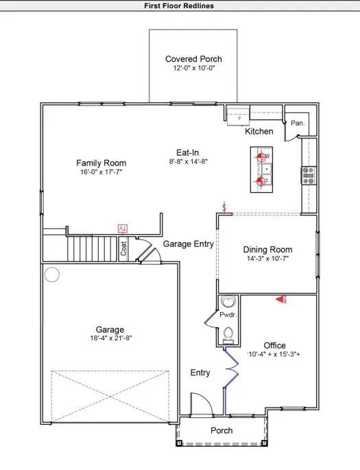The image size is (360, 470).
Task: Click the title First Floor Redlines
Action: [x=179, y=5]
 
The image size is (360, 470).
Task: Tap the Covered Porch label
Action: [x=193, y=60]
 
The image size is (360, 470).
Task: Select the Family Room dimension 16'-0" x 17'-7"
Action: [x=101, y=173]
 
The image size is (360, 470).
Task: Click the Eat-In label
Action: [x=188, y=153]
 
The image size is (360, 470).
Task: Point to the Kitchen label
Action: [x=259, y=131]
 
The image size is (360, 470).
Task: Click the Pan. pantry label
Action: [x=298, y=123]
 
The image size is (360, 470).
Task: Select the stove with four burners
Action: [x=309, y=174]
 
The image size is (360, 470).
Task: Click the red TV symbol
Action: [x=122, y=228]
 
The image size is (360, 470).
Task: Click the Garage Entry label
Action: [x=188, y=244]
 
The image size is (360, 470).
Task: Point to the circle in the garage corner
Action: [x=52, y=274]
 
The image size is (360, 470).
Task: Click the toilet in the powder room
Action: [x=229, y=334]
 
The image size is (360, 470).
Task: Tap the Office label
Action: [x=274, y=345]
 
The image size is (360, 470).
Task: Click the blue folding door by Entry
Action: [x=230, y=375]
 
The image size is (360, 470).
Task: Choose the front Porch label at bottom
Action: [x=221, y=431]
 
